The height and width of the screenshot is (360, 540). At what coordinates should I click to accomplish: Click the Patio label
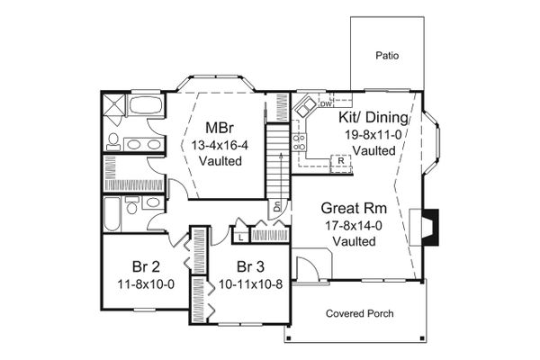(x=387, y=56)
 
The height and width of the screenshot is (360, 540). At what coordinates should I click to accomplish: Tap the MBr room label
(x=220, y=128)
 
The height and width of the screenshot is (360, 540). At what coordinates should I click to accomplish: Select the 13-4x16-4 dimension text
(x=220, y=146)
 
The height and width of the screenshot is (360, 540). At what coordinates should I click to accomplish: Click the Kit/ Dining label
(x=373, y=117)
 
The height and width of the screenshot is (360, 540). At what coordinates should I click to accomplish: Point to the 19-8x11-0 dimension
(x=373, y=135)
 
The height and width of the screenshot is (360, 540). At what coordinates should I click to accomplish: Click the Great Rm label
(x=354, y=208)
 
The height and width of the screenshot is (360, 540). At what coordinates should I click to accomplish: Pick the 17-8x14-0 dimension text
(x=354, y=226)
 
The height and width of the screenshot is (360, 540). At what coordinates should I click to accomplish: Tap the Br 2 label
(x=146, y=266)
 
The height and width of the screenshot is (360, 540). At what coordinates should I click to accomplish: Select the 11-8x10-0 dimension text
(x=146, y=284)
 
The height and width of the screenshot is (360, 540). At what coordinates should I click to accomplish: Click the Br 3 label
(x=250, y=266)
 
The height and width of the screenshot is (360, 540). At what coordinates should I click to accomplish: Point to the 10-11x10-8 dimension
(x=251, y=284)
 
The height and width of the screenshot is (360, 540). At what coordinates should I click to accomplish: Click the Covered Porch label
(x=359, y=313)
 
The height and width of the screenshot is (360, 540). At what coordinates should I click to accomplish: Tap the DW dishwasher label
(x=326, y=103)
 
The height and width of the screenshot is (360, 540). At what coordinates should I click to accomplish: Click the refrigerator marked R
(x=341, y=163)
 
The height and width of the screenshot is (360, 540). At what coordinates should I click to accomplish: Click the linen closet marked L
(x=240, y=237)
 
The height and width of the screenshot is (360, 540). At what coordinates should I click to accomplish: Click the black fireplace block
(x=431, y=228)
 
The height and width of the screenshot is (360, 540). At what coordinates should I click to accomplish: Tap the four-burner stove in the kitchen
(x=299, y=142)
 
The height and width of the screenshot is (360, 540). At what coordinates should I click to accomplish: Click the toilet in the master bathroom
(x=113, y=142)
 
